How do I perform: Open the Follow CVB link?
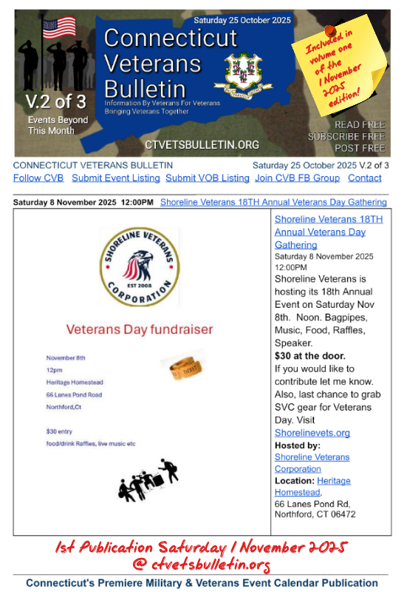click(x=38, y=178)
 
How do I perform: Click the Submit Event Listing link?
click(x=115, y=178)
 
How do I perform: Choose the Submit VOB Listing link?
click(x=208, y=178)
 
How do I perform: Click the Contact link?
click(x=365, y=178)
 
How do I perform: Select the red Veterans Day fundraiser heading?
click(x=139, y=329)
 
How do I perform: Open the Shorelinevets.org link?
click(x=312, y=433)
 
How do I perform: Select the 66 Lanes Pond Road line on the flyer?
click(x=74, y=395)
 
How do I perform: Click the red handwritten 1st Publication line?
click(x=202, y=548)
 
